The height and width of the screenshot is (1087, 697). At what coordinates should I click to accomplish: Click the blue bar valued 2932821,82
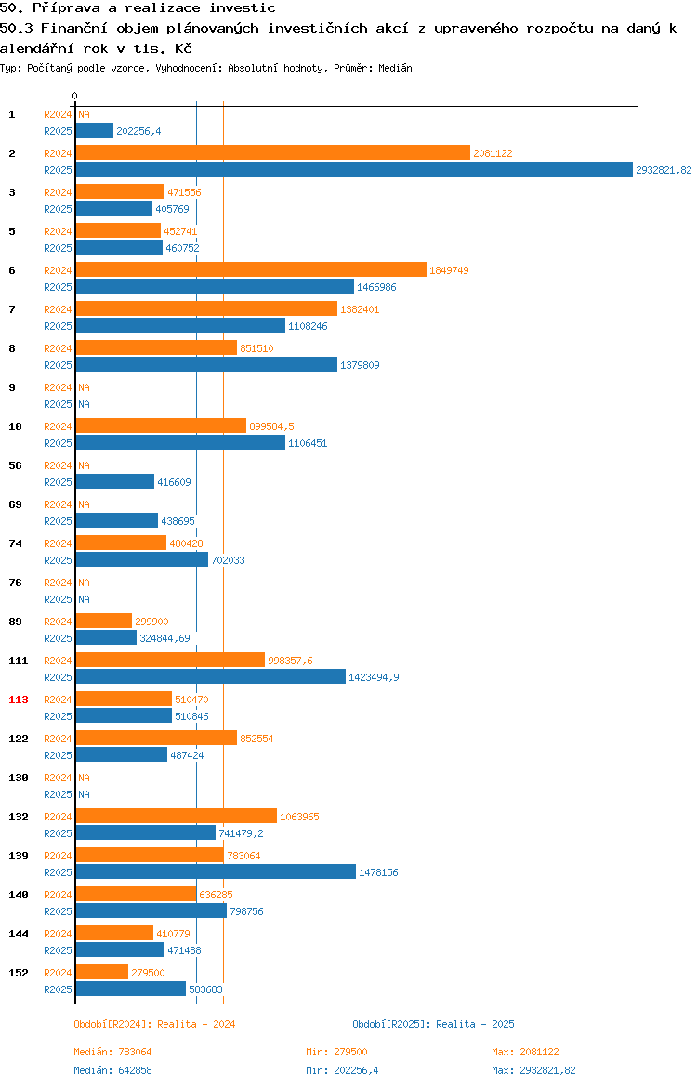coord(354,170)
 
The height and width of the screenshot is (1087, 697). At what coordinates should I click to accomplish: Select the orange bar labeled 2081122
coord(273,153)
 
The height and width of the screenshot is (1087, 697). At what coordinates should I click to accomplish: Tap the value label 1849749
coord(449,270)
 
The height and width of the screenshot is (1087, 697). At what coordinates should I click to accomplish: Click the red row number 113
coord(19,700)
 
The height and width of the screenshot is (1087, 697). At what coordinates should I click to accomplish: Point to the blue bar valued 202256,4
coord(94,131)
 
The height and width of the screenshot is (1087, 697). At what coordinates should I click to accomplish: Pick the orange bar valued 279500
coord(102,973)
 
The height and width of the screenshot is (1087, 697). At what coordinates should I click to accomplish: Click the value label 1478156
coord(378,872)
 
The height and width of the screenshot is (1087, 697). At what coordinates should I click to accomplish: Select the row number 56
coord(15,465)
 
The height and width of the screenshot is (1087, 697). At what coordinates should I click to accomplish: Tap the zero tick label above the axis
coord(75,97)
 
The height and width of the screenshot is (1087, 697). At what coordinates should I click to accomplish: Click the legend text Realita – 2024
coord(196,1025)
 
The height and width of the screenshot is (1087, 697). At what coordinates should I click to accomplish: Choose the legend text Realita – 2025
coord(475,1025)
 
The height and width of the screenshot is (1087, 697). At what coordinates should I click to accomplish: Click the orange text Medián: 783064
coord(113,1053)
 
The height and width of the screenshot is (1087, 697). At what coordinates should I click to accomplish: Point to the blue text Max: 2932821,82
coord(533,1071)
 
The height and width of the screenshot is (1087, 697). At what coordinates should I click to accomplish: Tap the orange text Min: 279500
coord(337,1053)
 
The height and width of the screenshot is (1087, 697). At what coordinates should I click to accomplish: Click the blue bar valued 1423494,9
coord(211,677)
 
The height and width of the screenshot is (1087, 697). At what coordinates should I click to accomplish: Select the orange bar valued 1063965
coord(177,817)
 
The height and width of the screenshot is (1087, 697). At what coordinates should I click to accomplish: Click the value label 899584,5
coord(271,427)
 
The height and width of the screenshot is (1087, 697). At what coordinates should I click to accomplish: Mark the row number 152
coord(18,974)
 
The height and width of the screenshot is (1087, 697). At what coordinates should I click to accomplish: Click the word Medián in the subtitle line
coord(395,69)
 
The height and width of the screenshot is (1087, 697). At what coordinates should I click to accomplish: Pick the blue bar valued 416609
coord(115,482)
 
